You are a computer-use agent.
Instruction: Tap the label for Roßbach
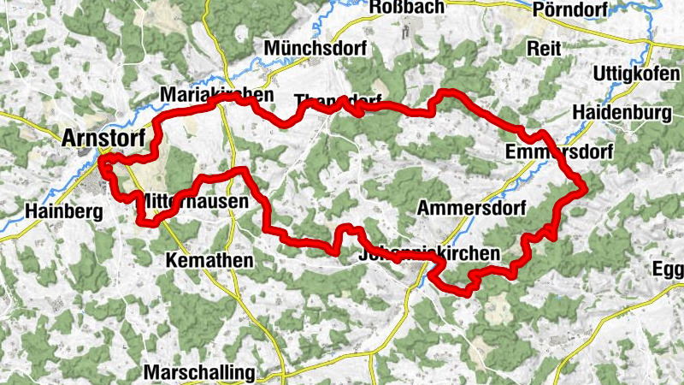click(407, 9)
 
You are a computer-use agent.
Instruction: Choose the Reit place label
click(543, 47)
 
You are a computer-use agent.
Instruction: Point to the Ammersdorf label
click(470, 208)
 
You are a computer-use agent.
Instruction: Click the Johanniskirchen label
click(429, 254)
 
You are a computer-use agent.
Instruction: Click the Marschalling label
click(199, 373)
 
